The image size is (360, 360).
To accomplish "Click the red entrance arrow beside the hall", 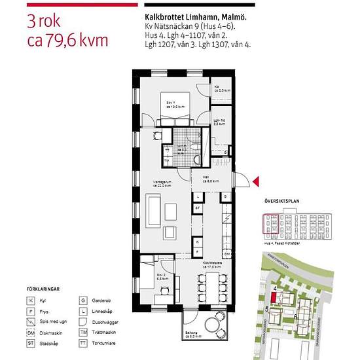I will point(257,181).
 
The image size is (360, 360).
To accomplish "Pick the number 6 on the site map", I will point(296,317).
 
